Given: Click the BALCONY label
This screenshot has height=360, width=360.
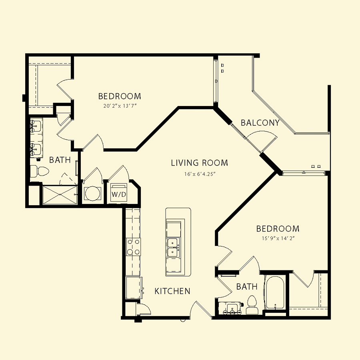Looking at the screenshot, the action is (260, 123).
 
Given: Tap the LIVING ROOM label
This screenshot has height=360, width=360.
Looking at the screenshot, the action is (200, 163).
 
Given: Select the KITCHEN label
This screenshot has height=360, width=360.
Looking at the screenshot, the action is (172, 291).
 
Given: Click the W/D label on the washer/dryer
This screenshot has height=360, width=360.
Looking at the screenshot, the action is (119, 194).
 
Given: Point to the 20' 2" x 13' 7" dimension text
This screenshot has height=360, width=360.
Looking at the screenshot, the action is (120, 106).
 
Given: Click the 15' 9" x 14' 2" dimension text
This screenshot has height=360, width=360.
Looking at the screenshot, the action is (278, 238).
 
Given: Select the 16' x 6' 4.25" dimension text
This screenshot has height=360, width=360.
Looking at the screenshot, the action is (200, 174).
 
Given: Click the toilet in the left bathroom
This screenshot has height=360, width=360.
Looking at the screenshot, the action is (40, 171).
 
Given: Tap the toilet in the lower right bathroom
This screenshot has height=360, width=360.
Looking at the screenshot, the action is (252, 305).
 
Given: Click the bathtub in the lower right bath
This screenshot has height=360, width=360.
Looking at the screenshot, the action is (275, 292).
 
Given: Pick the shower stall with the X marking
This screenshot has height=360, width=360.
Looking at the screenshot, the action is (60, 195).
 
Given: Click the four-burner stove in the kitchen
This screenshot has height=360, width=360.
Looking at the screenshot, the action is (133, 247).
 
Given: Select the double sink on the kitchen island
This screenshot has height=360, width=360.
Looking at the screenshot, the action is (172, 248).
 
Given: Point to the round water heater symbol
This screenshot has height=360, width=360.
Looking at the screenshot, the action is (93, 194).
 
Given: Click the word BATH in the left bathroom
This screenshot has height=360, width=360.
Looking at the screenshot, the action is (60, 160).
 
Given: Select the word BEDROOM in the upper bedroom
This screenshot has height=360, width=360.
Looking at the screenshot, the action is (120, 96).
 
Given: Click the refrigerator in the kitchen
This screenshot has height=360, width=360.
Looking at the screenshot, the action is (134, 288).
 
